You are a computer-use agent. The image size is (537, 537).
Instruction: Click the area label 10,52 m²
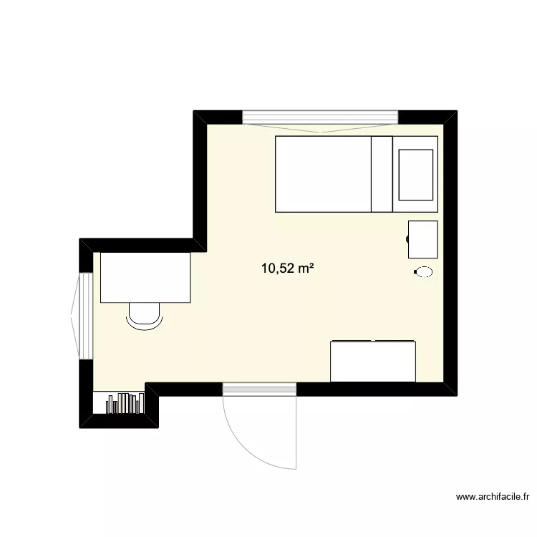click(289, 269)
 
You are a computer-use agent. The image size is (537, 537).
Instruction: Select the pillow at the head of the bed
click(415, 174)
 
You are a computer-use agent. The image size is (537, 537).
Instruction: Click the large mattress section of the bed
click(323, 174)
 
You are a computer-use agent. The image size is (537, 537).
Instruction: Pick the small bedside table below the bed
click(422, 239)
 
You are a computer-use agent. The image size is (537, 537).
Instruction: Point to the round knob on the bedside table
click(409, 239)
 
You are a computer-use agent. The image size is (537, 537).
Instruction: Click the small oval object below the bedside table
click(423, 271)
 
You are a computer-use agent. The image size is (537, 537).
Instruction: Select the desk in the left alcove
click(145, 277)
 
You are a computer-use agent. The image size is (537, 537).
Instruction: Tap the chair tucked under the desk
click(144, 316)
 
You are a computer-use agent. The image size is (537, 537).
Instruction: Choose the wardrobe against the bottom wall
click(373, 362)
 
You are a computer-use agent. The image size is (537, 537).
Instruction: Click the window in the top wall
click(320, 117)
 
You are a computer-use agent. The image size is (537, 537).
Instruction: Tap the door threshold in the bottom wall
click(259, 389)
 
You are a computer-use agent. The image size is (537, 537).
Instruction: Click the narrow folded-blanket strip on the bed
click(381, 174)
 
